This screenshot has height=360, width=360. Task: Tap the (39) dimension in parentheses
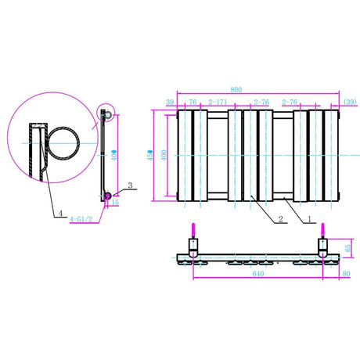tap(350, 103)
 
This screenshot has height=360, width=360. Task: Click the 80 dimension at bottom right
tap(346, 274)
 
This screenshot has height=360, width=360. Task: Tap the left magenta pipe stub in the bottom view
tap(193, 233)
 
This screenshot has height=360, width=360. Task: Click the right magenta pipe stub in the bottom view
tap(321, 233)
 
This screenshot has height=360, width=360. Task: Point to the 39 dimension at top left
tap(170, 103)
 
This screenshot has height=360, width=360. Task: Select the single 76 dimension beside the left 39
tap(192, 103)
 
